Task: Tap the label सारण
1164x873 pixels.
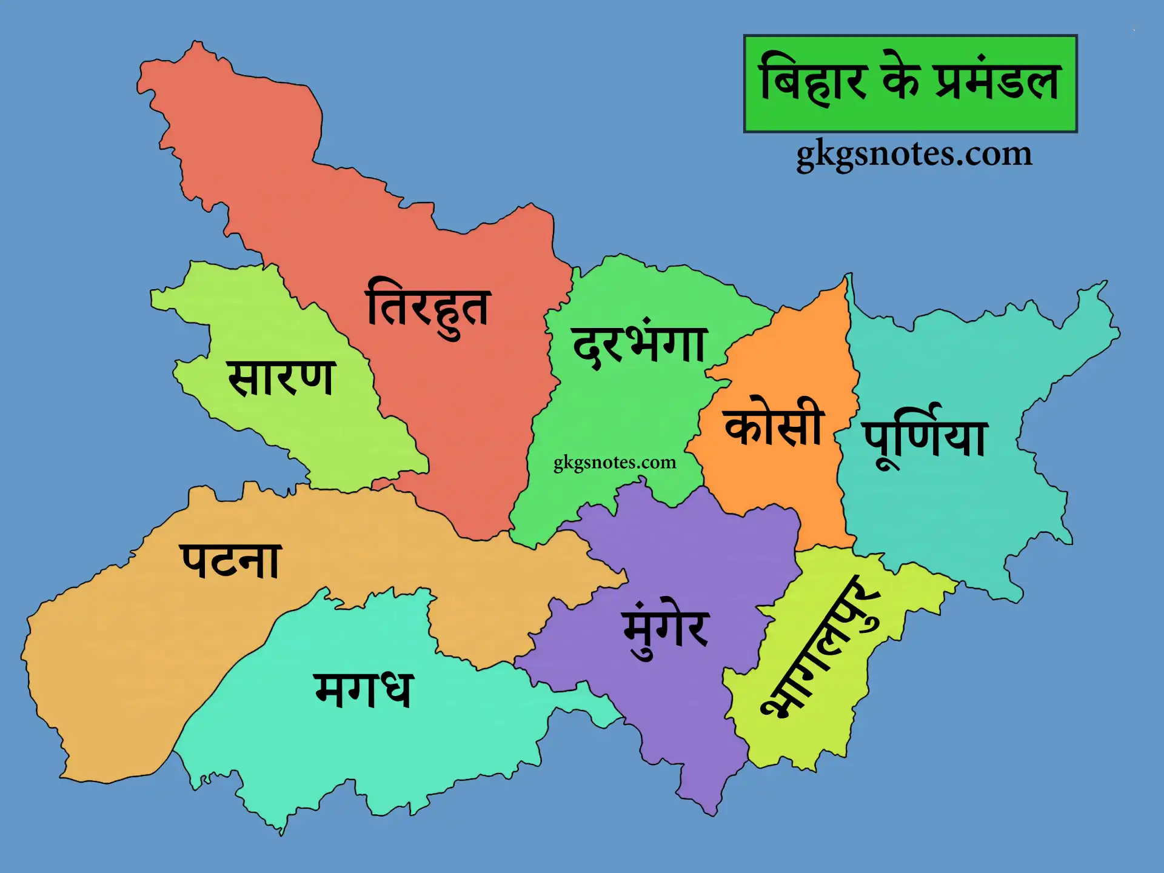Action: pos(281,378)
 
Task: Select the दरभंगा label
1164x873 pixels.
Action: pos(640,344)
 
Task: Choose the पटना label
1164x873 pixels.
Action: pos(230,561)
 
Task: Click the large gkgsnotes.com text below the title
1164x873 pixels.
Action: pos(914,154)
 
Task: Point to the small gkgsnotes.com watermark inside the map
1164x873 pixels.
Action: pos(614,463)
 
